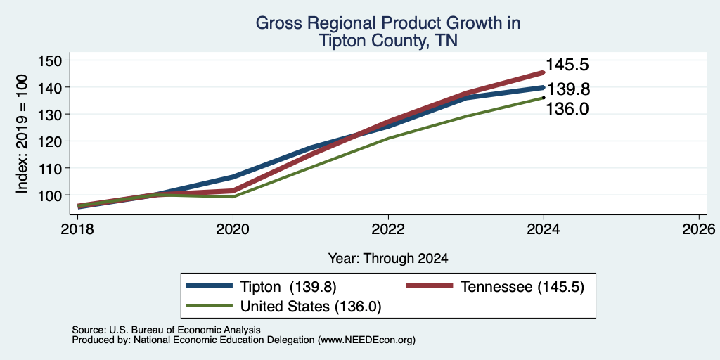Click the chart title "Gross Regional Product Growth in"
point(388,23)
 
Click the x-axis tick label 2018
point(77,229)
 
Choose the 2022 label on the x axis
point(388,229)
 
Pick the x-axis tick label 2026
point(699,229)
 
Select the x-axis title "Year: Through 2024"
point(388,259)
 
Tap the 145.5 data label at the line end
point(567,65)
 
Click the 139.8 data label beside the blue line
point(568,89)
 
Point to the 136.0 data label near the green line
point(567,109)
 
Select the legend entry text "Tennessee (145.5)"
point(522,287)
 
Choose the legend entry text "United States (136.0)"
point(311,307)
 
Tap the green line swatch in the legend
point(208,305)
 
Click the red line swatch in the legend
point(430,285)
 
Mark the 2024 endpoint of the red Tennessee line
point(544,72)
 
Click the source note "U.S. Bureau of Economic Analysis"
point(185,330)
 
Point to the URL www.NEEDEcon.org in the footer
point(366,340)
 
